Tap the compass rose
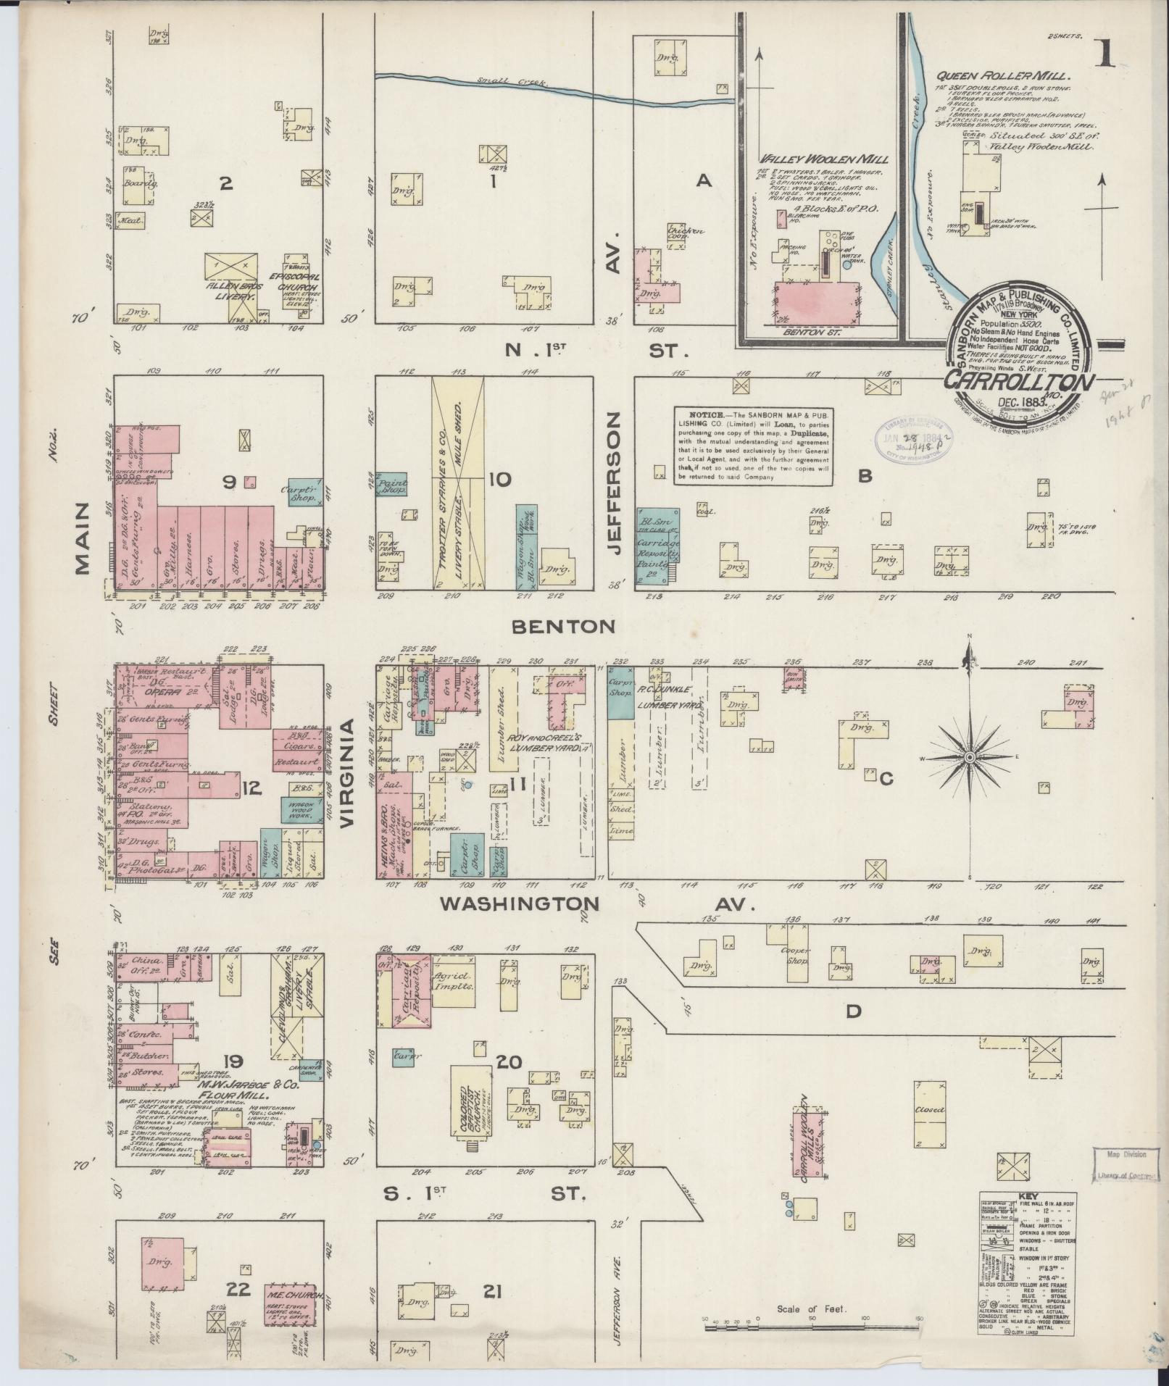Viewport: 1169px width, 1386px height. click(x=970, y=757)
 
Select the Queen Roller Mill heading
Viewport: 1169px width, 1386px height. click(x=1003, y=75)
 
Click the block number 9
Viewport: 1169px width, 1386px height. click(x=229, y=481)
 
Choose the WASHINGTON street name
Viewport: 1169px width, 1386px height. click(x=520, y=903)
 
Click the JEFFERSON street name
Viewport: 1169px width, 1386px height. click(x=616, y=484)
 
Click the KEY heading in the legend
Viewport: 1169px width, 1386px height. click(x=1028, y=1196)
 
